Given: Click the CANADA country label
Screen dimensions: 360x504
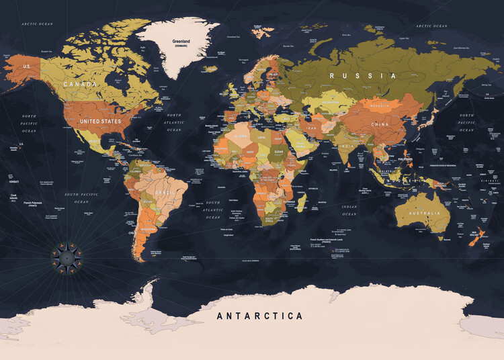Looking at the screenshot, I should tap(80, 85).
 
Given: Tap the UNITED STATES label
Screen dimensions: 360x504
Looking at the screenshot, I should tap(101, 122).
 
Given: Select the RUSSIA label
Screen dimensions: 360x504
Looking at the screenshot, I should tap(362, 76).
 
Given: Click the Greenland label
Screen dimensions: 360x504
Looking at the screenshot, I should tap(181, 42).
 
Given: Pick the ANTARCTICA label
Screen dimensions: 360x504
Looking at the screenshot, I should tap(259, 316).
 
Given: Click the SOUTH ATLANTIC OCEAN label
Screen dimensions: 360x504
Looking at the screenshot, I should tap(213, 210).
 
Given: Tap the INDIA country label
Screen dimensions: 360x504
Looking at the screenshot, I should tap(347, 146).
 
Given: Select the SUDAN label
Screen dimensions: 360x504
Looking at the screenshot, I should tap(279, 152).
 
